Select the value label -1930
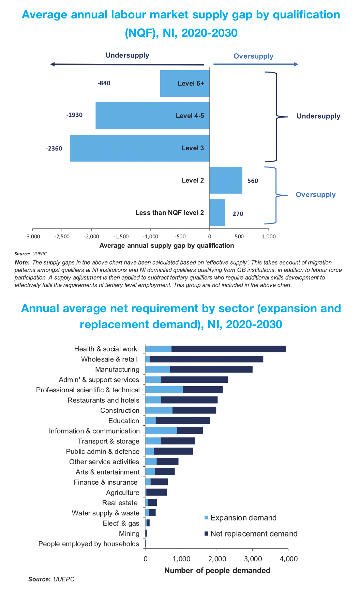(x=74, y=115)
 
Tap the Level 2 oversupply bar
(x=226, y=180)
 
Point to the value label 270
(x=238, y=214)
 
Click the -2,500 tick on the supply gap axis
(x=62, y=237)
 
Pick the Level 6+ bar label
(x=191, y=84)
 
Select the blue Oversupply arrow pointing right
(x=256, y=64)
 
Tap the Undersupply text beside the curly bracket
(x=318, y=116)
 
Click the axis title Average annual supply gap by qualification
(x=167, y=245)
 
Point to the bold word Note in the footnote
(x=22, y=262)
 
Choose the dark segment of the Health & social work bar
(x=228, y=349)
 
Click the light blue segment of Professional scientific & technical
(x=164, y=390)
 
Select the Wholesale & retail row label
(x=109, y=359)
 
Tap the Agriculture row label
(x=122, y=493)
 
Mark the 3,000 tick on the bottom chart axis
(x=252, y=559)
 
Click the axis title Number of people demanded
(x=217, y=571)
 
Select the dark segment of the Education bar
(x=183, y=420)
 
